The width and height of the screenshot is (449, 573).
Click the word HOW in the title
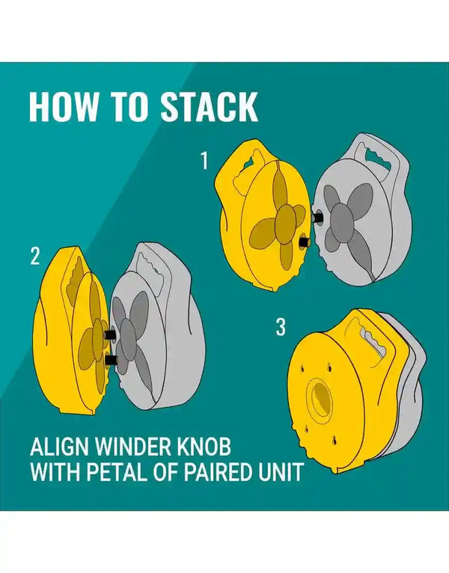point(64,106)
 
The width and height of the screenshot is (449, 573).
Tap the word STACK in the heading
point(210,106)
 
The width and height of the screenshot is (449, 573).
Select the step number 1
point(204,161)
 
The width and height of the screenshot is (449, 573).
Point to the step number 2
point(34,256)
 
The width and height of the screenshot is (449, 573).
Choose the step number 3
point(281,327)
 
